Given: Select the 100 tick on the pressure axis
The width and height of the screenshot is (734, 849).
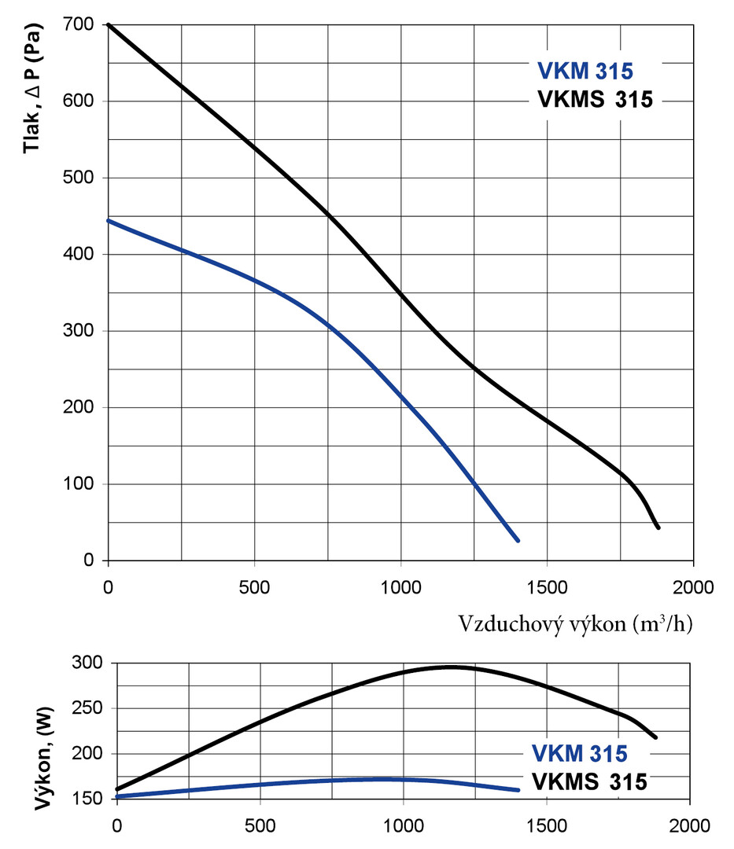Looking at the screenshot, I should (x=82, y=484).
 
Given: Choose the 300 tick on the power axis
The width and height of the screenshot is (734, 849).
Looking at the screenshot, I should (x=87, y=663).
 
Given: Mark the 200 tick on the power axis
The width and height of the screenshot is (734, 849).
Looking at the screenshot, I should (x=87, y=754).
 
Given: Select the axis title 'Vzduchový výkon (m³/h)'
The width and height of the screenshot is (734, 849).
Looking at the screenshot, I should (x=575, y=625).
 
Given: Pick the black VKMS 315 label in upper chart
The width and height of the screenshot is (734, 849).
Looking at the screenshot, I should (x=596, y=100).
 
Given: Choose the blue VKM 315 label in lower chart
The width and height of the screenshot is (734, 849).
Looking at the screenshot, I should (x=580, y=754).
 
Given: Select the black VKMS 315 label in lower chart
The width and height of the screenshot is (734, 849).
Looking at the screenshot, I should (x=590, y=781).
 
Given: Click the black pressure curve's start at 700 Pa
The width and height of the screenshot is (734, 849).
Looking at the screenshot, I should (x=109, y=25).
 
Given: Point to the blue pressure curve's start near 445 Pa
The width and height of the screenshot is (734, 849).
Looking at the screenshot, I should (x=109, y=221).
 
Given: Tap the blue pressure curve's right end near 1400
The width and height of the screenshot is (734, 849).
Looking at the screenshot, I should (x=518, y=541).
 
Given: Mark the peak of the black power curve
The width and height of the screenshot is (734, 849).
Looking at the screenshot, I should (x=450, y=667).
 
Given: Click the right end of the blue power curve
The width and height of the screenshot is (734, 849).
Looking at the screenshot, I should (x=518, y=789).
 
